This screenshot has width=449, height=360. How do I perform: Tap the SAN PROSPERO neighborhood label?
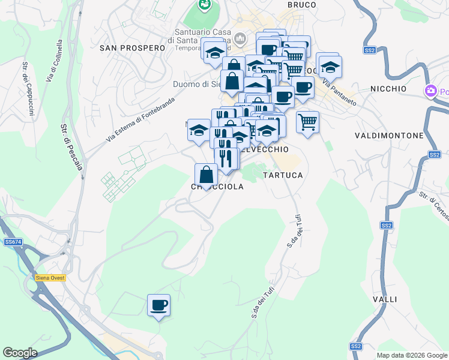click(132, 47)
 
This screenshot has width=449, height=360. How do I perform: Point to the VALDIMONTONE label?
click(389, 136)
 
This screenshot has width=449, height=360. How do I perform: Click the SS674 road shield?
click(13, 242)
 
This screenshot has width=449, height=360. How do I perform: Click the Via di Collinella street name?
click(53, 61)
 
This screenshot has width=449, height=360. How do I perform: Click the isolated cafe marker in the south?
click(159, 305)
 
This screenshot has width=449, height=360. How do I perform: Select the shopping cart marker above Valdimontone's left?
click(307, 122)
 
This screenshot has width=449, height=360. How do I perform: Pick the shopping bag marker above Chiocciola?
click(206, 175)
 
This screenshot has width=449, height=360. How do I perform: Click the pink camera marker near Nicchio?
click(430, 91)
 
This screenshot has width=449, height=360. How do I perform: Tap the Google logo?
click(20, 353)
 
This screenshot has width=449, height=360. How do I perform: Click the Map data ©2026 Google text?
click(411, 355)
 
